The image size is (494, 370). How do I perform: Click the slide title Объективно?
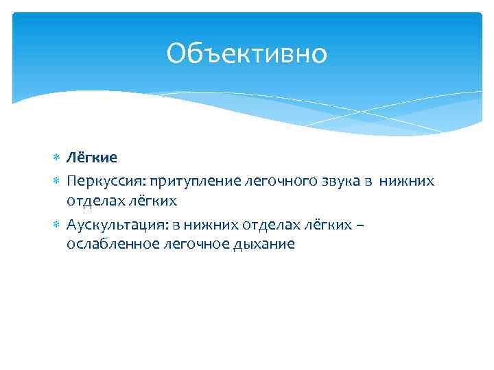coord(247,53)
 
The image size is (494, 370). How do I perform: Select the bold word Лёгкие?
coord(92,158)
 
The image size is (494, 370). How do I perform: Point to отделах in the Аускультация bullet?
coord(263,223)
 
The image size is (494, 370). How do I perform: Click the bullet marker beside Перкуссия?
coord(56,180)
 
